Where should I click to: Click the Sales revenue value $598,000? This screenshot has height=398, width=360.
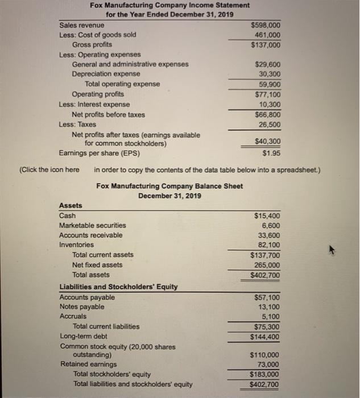[x=266, y=26]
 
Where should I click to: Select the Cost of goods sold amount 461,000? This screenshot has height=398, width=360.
[x=268, y=35]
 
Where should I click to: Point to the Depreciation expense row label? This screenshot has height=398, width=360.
[x=106, y=74]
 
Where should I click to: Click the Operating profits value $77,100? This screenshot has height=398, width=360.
[x=266, y=94]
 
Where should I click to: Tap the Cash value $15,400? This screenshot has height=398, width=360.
[x=265, y=216]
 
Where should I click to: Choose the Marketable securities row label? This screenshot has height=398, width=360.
[x=93, y=226]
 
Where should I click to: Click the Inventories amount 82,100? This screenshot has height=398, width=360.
[x=268, y=245]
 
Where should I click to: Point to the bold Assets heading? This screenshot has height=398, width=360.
[x=71, y=206]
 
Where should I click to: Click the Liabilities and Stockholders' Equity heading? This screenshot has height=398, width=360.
[x=118, y=287]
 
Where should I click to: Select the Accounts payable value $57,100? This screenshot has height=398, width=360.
[x=265, y=297]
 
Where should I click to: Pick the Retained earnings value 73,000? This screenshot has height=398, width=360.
[x=268, y=364]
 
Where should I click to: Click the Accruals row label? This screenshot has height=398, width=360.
[x=73, y=316]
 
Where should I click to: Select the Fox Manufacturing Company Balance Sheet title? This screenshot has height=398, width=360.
[x=169, y=186]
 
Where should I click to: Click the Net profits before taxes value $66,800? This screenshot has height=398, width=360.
[x=266, y=114]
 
